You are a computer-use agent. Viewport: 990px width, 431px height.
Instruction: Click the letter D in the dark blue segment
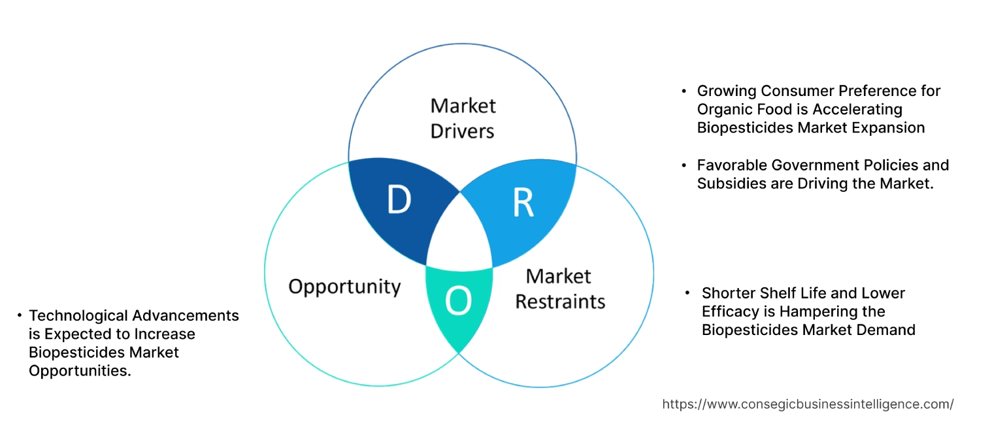coord(399,200)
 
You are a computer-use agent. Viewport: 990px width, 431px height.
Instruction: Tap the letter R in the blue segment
coord(523,203)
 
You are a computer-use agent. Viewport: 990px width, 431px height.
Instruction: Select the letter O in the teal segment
coord(457,300)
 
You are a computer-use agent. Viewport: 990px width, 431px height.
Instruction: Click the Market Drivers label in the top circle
coord(463,118)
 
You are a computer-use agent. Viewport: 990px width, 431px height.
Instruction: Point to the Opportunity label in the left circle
coord(344,286)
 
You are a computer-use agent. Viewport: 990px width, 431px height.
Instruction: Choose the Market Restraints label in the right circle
coord(559,289)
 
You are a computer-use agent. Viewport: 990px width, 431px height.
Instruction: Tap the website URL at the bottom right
coord(808,404)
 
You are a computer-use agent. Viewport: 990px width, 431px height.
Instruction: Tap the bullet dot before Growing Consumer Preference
coord(684,91)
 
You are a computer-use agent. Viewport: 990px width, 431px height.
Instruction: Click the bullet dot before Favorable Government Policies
coord(684,165)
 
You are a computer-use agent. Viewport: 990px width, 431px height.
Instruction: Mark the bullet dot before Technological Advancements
coord(20,316)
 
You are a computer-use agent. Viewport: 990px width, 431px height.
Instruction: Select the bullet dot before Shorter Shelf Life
coord(687,293)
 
